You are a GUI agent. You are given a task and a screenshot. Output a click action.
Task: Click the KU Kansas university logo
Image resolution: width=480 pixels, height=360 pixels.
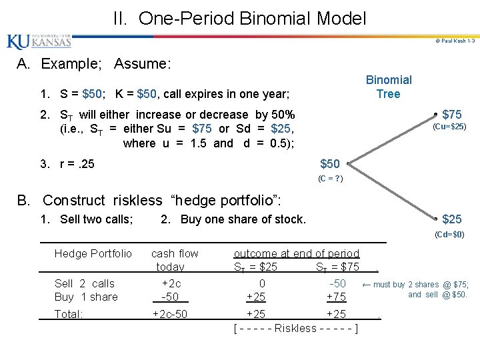pos(39,42)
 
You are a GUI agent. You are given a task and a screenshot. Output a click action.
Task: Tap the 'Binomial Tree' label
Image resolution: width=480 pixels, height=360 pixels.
pos(389,87)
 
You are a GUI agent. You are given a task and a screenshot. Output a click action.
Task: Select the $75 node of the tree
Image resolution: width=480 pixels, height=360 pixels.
pos(452,114)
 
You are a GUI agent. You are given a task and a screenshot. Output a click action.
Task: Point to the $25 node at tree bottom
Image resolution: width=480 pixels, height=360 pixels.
pos(452,219)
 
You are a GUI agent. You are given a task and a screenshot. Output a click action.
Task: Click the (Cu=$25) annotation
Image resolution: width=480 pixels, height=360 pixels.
pos(449,127)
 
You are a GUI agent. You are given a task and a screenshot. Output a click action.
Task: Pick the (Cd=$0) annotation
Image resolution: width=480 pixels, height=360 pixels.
pos(449,234)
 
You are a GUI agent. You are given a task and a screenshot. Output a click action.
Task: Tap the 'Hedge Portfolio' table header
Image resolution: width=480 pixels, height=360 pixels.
pos(93,253)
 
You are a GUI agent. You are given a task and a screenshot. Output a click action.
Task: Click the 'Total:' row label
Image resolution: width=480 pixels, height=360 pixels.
pos(69,314)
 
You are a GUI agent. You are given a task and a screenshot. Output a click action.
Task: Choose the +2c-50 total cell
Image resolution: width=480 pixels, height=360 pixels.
pos(170,314)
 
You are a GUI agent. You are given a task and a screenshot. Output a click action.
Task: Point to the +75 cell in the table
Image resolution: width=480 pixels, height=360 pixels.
pos(336,297)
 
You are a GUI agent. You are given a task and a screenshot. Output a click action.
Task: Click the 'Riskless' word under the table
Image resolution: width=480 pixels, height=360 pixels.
pos(295,328)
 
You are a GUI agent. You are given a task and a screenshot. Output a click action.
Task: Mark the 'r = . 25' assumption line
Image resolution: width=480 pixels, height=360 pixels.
pos(67,164)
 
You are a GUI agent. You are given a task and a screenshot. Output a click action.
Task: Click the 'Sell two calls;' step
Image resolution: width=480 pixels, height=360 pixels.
pos(96,219)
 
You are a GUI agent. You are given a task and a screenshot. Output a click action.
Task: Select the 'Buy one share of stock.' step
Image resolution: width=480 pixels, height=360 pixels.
pos(233,219)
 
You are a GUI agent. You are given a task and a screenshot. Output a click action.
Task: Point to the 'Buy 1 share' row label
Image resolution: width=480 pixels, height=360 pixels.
pos(86,297)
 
